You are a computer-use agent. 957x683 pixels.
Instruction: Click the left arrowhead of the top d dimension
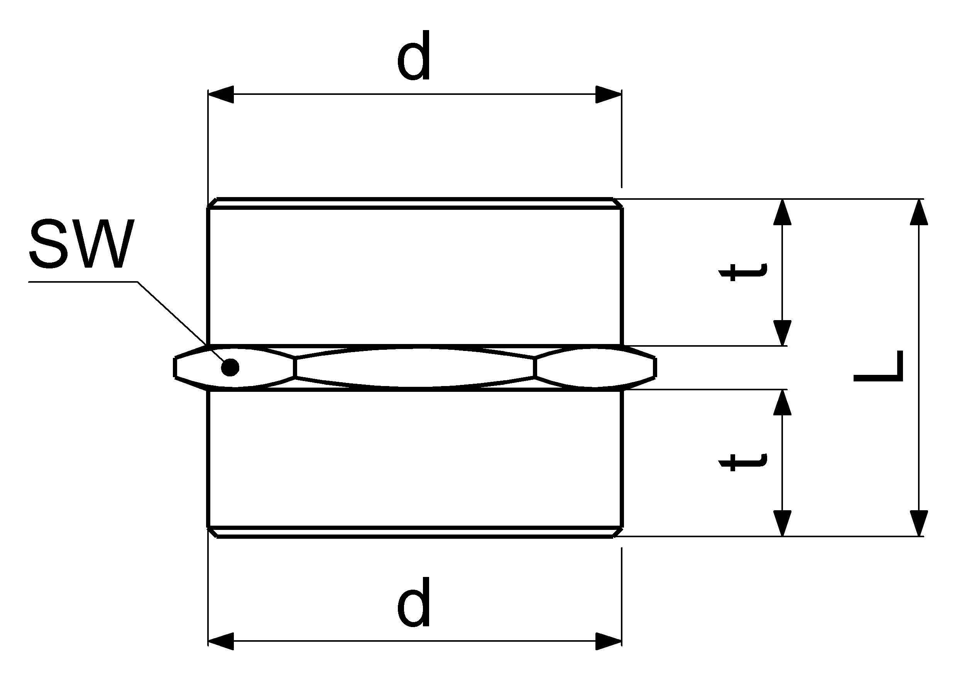tap(220, 94)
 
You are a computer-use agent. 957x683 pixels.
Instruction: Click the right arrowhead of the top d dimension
tap(609, 94)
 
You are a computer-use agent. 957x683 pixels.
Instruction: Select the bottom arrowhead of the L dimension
tap(919, 523)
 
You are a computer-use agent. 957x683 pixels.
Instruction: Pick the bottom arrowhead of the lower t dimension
tap(782, 523)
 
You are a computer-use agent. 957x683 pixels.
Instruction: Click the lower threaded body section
tap(415, 463)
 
